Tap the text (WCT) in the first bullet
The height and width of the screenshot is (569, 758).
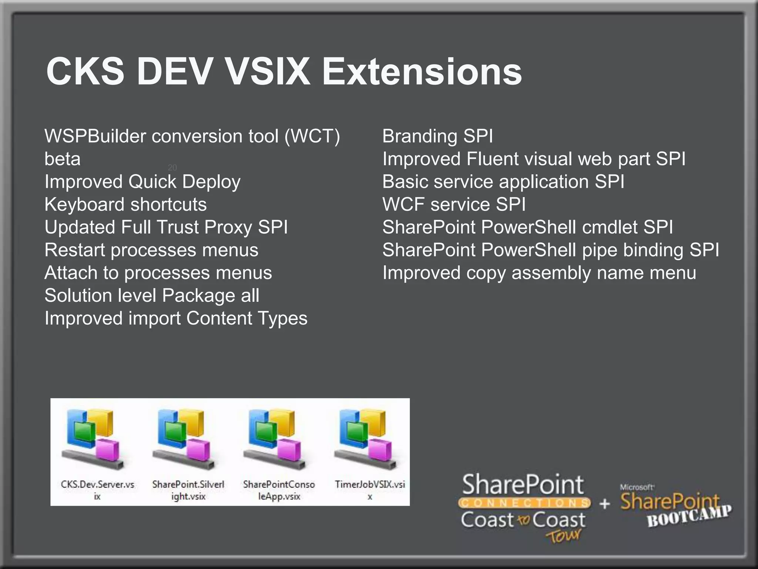click(312, 136)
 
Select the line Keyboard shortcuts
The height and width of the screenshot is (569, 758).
click(125, 205)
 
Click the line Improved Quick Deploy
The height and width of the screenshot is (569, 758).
click(142, 182)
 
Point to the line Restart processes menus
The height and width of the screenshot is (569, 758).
click(151, 250)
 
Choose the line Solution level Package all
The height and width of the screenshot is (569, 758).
click(152, 296)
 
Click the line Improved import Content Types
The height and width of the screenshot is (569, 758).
click(176, 319)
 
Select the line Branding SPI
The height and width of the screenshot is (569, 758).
click(437, 136)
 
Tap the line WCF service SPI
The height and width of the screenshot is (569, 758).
click(454, 205)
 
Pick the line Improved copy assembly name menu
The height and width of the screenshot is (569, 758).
click(539, 273)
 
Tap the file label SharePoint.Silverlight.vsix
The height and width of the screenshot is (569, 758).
click(188, 490)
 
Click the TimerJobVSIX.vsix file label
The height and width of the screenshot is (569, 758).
click(370, 490)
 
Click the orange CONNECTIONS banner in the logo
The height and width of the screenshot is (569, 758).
click(524, 503)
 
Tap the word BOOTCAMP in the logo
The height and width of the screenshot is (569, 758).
click(689, 516)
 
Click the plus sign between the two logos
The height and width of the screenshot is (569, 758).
click(604, 504)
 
